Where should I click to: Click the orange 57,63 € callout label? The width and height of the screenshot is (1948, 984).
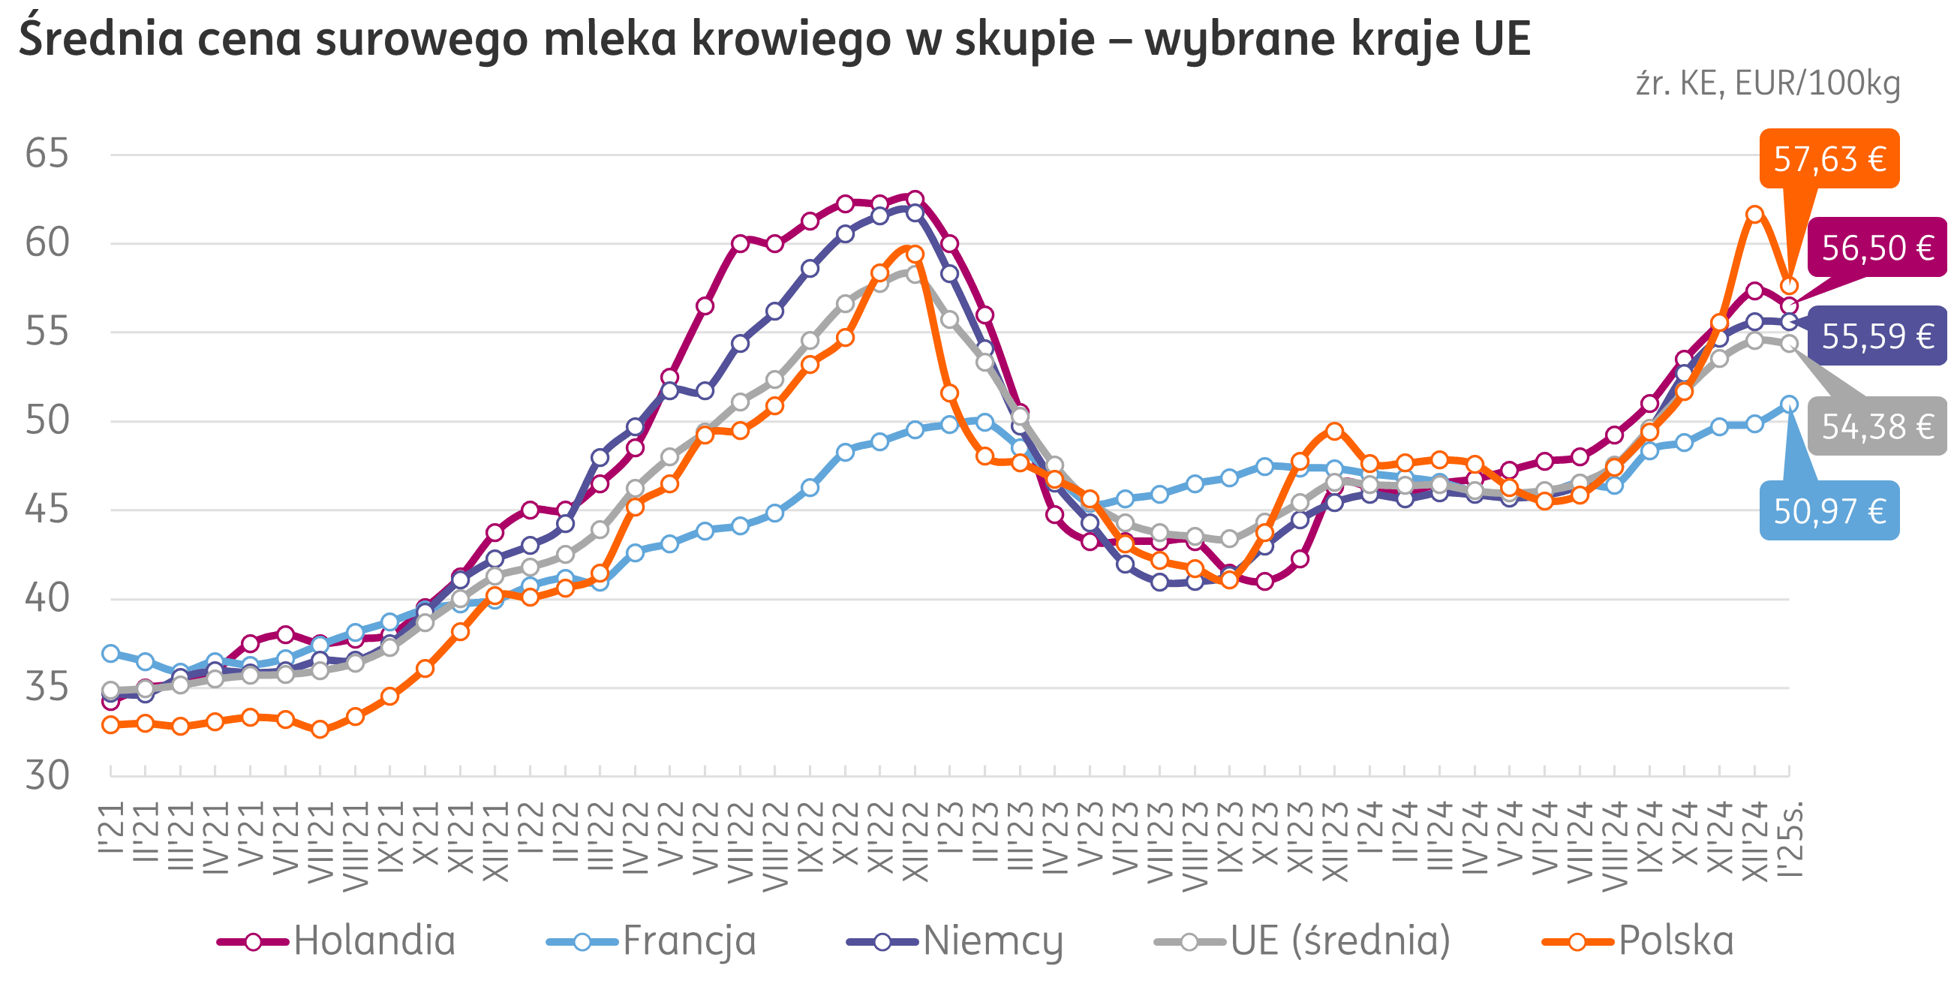pos(1829,159)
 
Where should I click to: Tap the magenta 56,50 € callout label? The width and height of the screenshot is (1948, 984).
pos(1877,248)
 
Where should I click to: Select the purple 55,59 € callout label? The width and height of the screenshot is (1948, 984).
pos(1877,336)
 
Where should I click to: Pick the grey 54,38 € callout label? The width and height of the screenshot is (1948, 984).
pos(1877,426)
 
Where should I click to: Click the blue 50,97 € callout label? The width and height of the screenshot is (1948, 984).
pos(1829,511)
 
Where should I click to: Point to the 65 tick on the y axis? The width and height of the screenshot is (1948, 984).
pos(47,154)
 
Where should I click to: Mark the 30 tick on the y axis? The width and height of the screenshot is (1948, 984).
pos(47,775)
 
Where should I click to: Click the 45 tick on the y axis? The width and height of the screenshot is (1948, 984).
pos(47,510)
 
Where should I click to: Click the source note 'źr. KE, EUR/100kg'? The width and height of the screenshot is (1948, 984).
pos(1767,83)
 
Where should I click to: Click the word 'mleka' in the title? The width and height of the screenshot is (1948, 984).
pos(609,39)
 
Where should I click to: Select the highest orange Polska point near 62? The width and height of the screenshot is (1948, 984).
pos(1754,214)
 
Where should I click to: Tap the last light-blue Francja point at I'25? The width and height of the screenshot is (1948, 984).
pos(1789,404)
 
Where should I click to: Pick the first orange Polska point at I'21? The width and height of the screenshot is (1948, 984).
pos(111,724)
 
